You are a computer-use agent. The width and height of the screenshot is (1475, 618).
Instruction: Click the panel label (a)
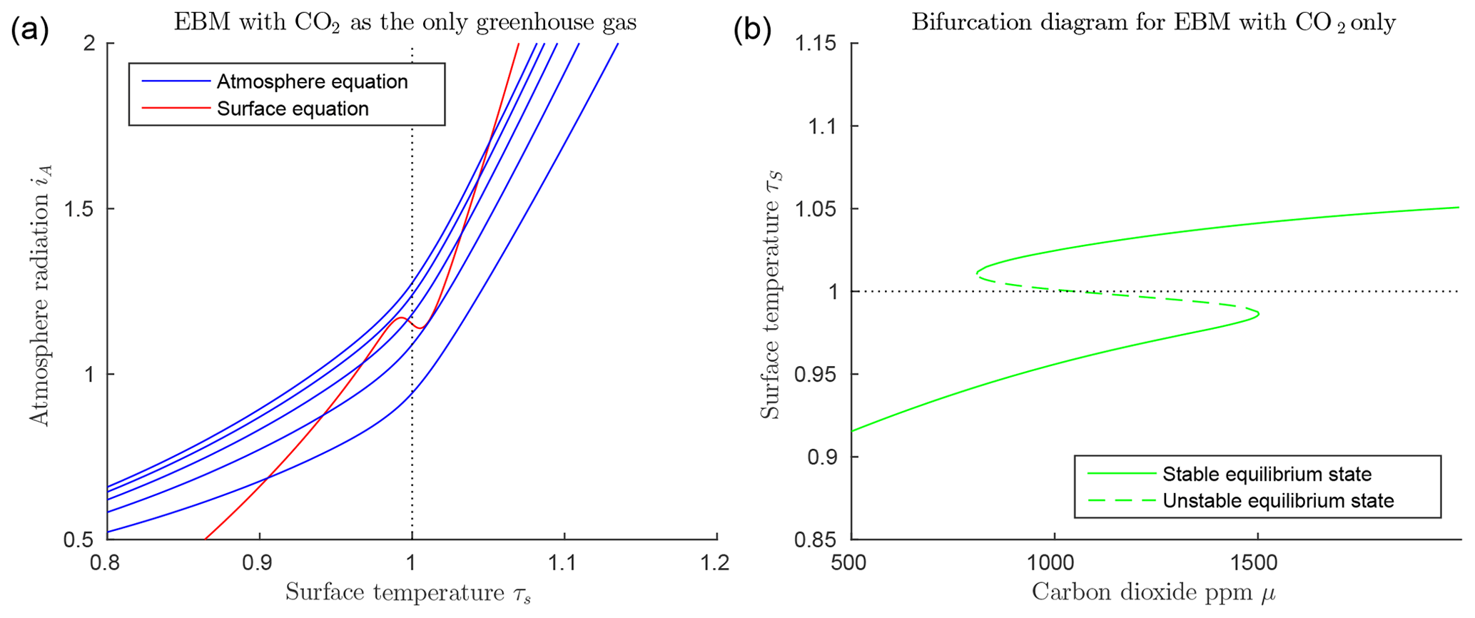(29, 32)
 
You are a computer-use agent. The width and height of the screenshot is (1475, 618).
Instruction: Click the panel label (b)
(753, 32)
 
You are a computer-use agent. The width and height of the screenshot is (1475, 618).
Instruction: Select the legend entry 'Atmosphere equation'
(312, 81)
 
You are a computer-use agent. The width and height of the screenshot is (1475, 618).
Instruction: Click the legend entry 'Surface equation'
(293, 108)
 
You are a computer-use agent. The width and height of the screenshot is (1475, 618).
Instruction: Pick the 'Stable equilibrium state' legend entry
(1267, 474)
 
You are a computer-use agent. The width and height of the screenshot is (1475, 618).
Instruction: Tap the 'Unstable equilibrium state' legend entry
(1278, 500)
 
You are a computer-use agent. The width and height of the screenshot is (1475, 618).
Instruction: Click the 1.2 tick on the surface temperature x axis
(716, 563)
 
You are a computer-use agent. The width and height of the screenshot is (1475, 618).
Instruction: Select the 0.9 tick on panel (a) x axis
(259, 563)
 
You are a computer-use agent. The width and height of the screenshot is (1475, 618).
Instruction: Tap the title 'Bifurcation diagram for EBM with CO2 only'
(1153, 23)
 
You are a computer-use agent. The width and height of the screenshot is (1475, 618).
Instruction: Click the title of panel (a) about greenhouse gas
(405, 23)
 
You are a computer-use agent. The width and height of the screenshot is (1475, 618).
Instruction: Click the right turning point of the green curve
(1258, 313)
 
